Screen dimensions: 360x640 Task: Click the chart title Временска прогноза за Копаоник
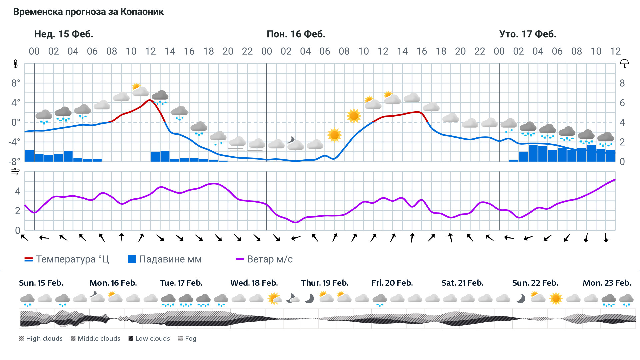point(88,12)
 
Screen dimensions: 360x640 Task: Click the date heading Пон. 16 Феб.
point(296,34)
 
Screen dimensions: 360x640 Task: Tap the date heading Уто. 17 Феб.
point(527,34)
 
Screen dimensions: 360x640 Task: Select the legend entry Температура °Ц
point(67,259)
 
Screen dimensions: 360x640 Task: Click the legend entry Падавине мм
point(165,259)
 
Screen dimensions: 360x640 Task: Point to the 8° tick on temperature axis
point(16,83)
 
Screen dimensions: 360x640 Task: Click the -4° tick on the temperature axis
point(14,142)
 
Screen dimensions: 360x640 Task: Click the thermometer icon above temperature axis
point(16,64)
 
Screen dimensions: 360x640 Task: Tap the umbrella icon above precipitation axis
point(624,63)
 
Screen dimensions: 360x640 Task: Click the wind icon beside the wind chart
point(15,172)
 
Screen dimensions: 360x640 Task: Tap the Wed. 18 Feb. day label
point(254,283)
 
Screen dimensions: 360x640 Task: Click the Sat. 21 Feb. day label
point(462,283)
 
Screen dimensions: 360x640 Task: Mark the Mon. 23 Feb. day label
point(607,283)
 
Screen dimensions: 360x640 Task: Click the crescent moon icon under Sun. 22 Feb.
point(520,298)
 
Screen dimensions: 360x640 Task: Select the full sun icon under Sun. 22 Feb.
point(556,298)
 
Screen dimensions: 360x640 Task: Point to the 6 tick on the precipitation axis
point(622,103)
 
